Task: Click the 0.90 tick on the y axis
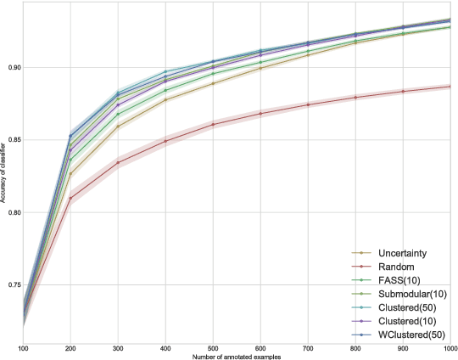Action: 12,67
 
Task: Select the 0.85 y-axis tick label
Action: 12,140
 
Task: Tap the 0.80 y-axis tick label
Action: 12,212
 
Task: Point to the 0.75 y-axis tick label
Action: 12,285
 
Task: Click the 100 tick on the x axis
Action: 23,348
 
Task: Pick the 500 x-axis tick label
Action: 212,348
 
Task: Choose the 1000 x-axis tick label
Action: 448,348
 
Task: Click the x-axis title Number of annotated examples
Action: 236,356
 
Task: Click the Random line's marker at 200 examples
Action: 70,198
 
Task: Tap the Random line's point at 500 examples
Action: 212,124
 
